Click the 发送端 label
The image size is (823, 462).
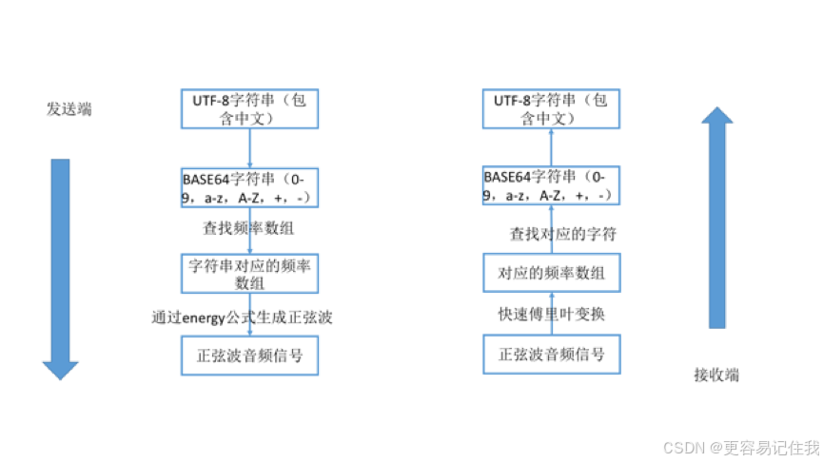[x=69, y=109]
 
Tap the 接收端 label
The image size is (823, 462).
[x=716, y=375]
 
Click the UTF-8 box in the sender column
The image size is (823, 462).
[x=249, y=109]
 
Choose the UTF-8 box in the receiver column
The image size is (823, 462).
[x=551, y=109]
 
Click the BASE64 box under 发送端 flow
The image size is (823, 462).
[x=249, y=187]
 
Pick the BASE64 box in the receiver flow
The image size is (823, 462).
[x=551, y=187]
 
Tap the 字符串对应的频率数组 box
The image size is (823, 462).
[x=249, y=273]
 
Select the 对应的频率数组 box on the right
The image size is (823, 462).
[x=551, y=274]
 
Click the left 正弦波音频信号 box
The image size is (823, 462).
[x=249, y=356]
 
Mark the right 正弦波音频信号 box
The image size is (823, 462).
[x=551, y=355]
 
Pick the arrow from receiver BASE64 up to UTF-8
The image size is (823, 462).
[x=551, y=148]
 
